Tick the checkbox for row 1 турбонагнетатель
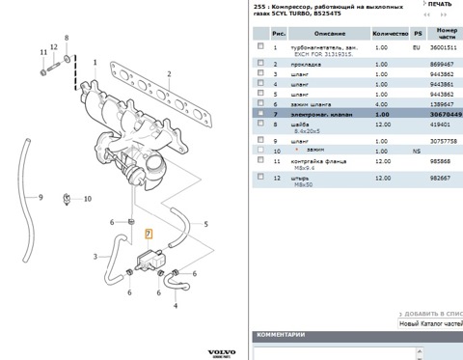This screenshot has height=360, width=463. (x=259, y=46)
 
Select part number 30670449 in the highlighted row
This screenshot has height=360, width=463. (x=445, y=113)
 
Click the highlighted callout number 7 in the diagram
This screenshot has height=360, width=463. (x=148, y=234)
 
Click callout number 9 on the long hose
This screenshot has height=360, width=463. (x=41, y=197)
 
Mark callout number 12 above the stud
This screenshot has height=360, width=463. (x=67, y=40)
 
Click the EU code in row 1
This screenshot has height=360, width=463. (x=417, y=46)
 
